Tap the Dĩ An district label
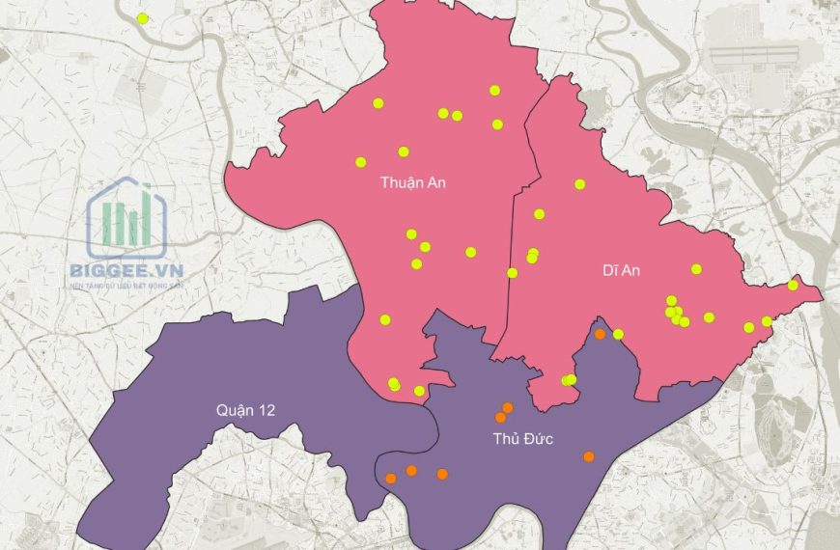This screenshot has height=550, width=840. click(615, 270)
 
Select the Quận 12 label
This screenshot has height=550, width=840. click(245, 410)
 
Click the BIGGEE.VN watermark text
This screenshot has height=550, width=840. click(126, 272)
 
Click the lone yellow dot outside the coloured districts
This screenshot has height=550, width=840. click(143, 18)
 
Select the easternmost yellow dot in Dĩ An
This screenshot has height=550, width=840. click(793, 285)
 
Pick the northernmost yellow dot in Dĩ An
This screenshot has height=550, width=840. click(580, 184)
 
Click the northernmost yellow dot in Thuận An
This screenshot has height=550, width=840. click(494, 91)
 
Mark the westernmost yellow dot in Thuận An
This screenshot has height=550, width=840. click(361, 162)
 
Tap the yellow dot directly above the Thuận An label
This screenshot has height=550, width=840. click(404, 151)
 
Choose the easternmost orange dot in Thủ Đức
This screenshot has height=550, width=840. click(589, 456)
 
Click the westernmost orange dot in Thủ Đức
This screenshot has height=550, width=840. click(390, 478)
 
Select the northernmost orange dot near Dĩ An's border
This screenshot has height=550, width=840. click(600, 334)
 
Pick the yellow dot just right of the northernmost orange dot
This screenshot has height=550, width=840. click(618, 335)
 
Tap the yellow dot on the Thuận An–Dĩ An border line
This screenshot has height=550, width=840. click(512, 273)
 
